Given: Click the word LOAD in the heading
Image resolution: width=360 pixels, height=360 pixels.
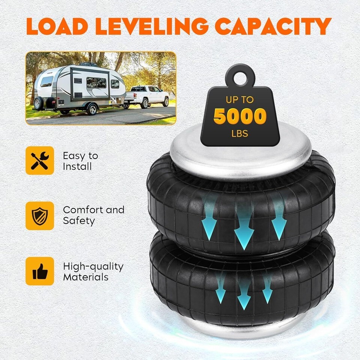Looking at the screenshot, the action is (x=57, y=26).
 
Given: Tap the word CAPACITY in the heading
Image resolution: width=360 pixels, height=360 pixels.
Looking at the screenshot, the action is (x=273, y=26).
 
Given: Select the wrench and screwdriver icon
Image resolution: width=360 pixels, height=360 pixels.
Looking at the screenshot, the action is (x=40, y=160).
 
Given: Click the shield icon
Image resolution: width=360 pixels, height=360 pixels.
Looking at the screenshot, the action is (x=40, y=216).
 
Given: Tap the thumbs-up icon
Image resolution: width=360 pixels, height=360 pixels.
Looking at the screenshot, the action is (x=40, y=271).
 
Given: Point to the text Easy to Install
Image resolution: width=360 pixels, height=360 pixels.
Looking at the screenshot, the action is (x=81, y=161).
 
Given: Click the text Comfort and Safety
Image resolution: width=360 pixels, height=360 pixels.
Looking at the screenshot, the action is (x=94, y=215).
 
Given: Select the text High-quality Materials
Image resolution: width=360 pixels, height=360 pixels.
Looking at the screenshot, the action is (x=93, y=271).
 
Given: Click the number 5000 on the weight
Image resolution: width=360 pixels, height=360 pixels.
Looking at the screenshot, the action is (x=240, y=116).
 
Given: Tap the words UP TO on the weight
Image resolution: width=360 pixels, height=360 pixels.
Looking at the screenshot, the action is (x=240, y=100).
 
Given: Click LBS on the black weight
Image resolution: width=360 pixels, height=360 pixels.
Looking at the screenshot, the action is (x=240, y=133).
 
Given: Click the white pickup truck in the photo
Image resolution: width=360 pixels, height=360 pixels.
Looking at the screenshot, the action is (x=147, y=96).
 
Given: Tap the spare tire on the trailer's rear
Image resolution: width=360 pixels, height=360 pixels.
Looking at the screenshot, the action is (x=38, y=103).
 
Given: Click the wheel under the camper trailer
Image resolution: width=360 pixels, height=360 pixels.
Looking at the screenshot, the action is (x=92, y=109).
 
